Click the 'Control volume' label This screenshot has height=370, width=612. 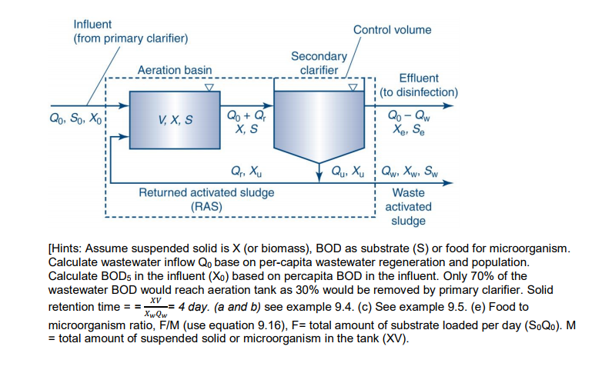tap(392, 30)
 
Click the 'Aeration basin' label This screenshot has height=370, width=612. tap(175, 70)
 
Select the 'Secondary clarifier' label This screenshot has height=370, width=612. tap(315, 63)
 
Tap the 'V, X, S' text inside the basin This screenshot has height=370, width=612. tap(176, 120)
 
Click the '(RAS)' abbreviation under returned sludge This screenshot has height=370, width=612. tap(206, 205)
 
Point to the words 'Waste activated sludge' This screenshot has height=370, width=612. tap(408, 206)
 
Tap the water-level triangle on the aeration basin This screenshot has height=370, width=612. tap(209, 87)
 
